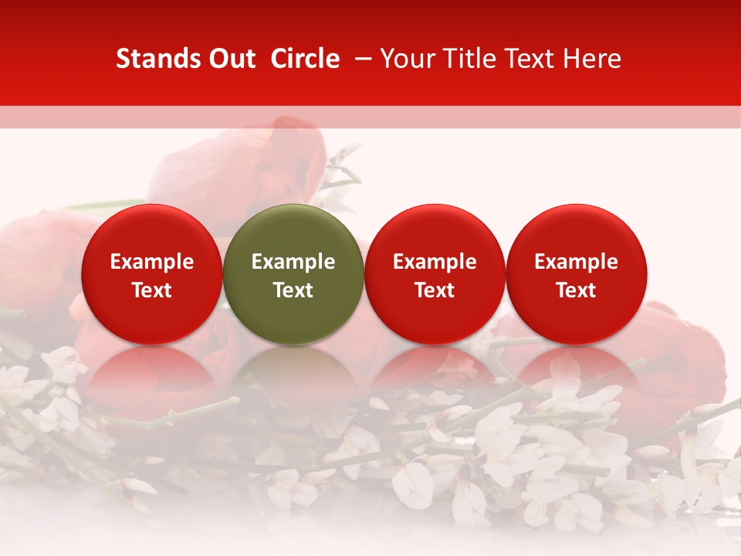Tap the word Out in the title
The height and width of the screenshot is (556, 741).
coord(231,59)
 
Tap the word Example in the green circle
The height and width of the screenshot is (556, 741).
coord(293,262)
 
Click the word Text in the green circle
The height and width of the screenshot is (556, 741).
coord(293,290)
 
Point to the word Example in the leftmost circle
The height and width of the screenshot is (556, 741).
coord(152,262)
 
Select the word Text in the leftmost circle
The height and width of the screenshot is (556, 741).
coord(152,290)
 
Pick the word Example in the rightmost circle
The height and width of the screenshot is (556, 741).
coord(577,262)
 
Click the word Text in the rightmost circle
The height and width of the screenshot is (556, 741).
coord(577,290)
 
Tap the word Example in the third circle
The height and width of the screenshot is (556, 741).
coord(435,262)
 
